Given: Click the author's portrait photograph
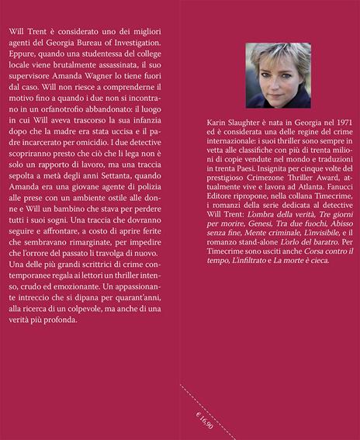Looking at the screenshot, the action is pyautogui.click(x=278, y=74).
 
